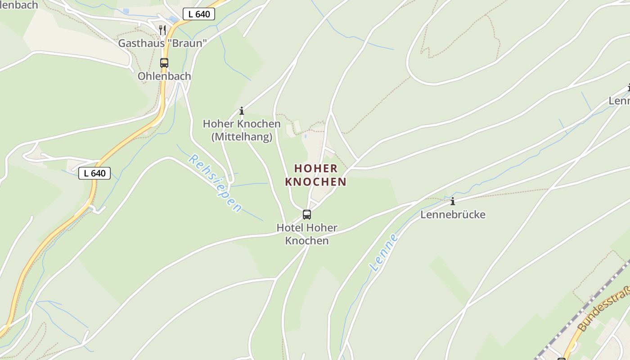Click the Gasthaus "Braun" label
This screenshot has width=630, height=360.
point(162,43)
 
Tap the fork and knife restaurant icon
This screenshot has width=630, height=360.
point(162,30)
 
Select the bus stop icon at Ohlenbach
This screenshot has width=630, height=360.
point(164,63)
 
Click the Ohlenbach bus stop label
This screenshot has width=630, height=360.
point(164,76)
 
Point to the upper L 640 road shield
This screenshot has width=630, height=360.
point(199,14)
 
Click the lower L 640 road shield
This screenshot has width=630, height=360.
point(94,173)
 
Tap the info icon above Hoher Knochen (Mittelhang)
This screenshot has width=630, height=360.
point(242,111)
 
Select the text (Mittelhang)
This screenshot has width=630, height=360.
point(242,136)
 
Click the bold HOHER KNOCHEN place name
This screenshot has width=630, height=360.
point(316,175)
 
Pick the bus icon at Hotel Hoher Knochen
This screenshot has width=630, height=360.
point(307,215)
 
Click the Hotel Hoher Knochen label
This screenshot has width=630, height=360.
point(307,234)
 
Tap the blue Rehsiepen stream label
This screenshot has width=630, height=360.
point(215,183)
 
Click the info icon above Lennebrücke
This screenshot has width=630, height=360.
point(453,201)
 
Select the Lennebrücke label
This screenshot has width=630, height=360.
point(453,215)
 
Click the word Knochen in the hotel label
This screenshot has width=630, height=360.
point(307,241)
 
